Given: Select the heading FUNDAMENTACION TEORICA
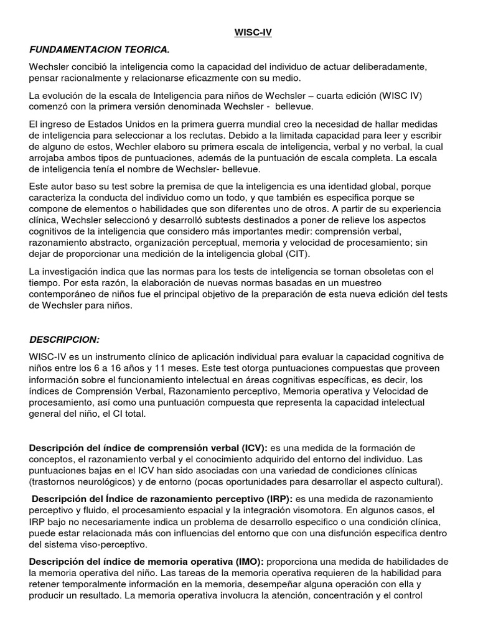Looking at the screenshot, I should click(98, 49).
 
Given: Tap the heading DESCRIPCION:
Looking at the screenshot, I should click(65, 339).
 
